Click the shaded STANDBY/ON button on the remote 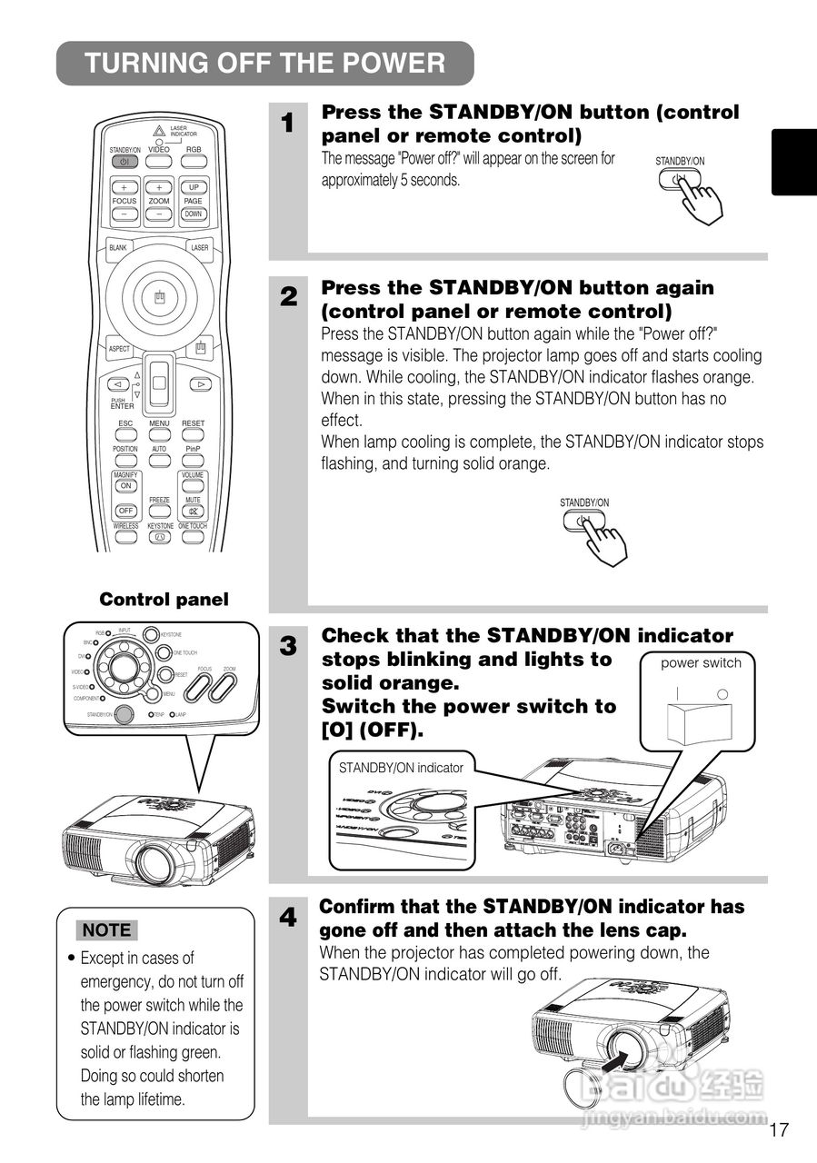pos(124,162)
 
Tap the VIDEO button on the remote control pos(159,162)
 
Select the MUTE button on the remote pos(194,511)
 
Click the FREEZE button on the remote pos(159,511)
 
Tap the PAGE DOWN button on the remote pos(193,214)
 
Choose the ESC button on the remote pos(125,435)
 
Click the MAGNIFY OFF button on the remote pos(125,511)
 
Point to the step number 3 pos(288,647)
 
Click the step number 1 pos(288,124)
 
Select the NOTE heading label pos(107,929)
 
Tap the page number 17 pos(778,1130)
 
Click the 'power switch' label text pos(701,663)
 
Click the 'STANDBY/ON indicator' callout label pos(401,768)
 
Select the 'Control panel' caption pos(164,600)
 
